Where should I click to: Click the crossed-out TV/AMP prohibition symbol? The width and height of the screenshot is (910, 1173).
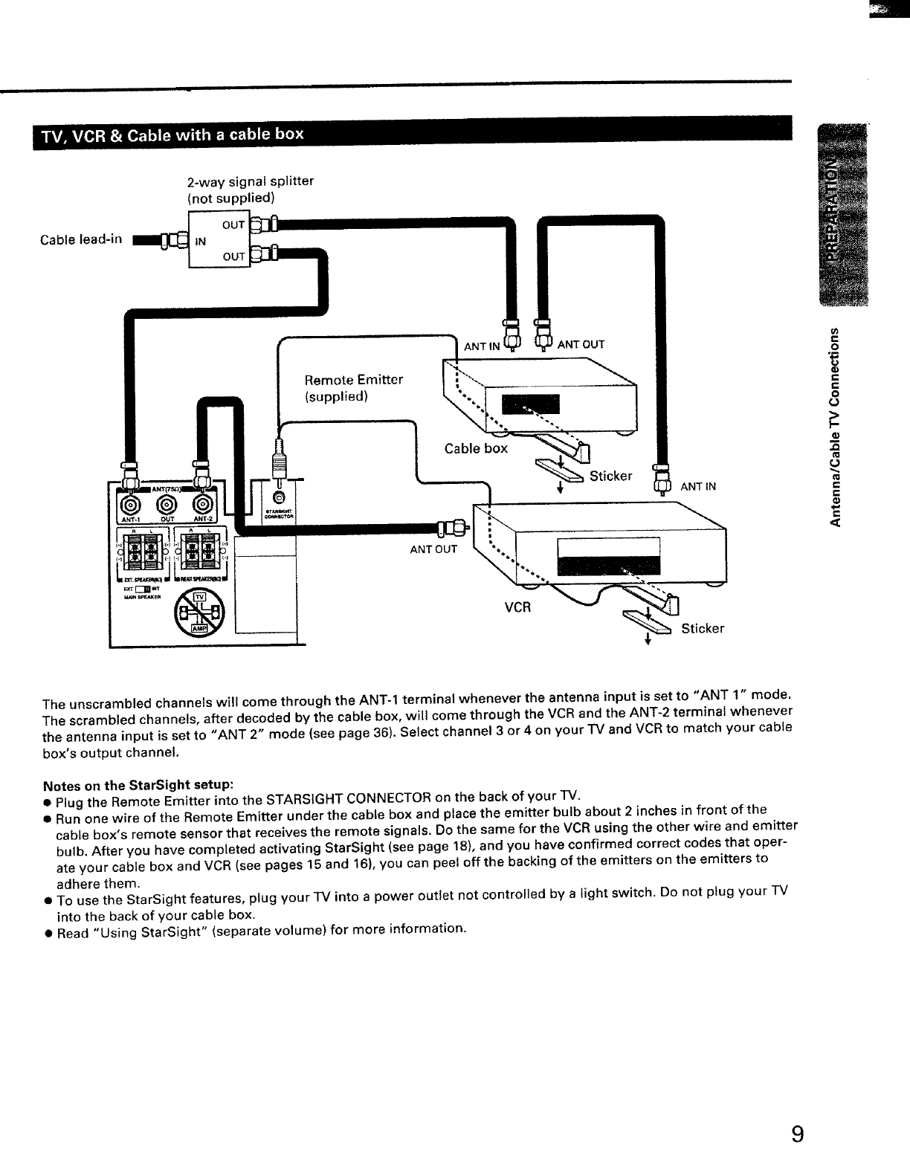(197, 613)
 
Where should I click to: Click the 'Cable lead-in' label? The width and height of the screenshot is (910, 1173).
(81, 239)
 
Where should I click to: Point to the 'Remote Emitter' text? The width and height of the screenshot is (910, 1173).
(354, 380)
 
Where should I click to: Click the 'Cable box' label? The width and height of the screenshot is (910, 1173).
(476, 448)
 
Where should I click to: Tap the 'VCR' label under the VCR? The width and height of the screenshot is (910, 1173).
(518, 607)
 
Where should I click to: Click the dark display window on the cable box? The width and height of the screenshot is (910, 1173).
(532, 404)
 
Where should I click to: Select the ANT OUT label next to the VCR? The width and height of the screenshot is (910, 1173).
(434, 550)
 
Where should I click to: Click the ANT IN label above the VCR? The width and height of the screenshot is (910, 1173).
(698, 487)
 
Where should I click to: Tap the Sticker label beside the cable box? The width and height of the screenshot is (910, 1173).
(610, 476)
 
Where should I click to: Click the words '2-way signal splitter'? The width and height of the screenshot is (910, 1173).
(250, 181)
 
